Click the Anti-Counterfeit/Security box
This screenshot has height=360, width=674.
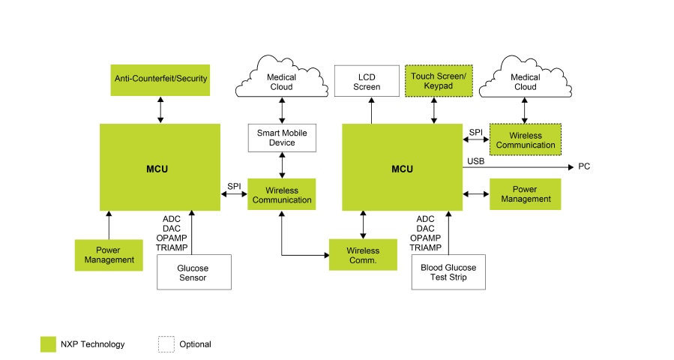coord(160,78)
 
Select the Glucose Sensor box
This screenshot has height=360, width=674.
coord(193,272)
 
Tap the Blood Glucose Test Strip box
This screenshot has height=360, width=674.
coord(448,272)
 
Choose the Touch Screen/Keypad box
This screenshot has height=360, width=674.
coord(439,81)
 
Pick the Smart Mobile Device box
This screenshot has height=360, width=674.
coord(282,137)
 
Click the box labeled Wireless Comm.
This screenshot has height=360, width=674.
coord(363,255)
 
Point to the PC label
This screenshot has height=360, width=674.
coord(584,166)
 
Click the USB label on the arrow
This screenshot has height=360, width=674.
coord(475,161)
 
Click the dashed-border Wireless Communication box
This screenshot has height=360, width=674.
coord(525,139)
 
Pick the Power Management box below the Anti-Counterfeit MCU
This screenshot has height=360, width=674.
coord(109,255)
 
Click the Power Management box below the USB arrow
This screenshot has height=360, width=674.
coord(525,194)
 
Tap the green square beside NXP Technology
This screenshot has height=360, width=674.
coord(48,344)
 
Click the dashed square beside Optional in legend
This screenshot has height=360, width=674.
coord(166,344)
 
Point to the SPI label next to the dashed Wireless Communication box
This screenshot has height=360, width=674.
coord(475,132)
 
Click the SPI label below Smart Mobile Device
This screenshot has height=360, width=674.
coord(234,186)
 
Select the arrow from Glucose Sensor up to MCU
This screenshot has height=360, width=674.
coord(193,232)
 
